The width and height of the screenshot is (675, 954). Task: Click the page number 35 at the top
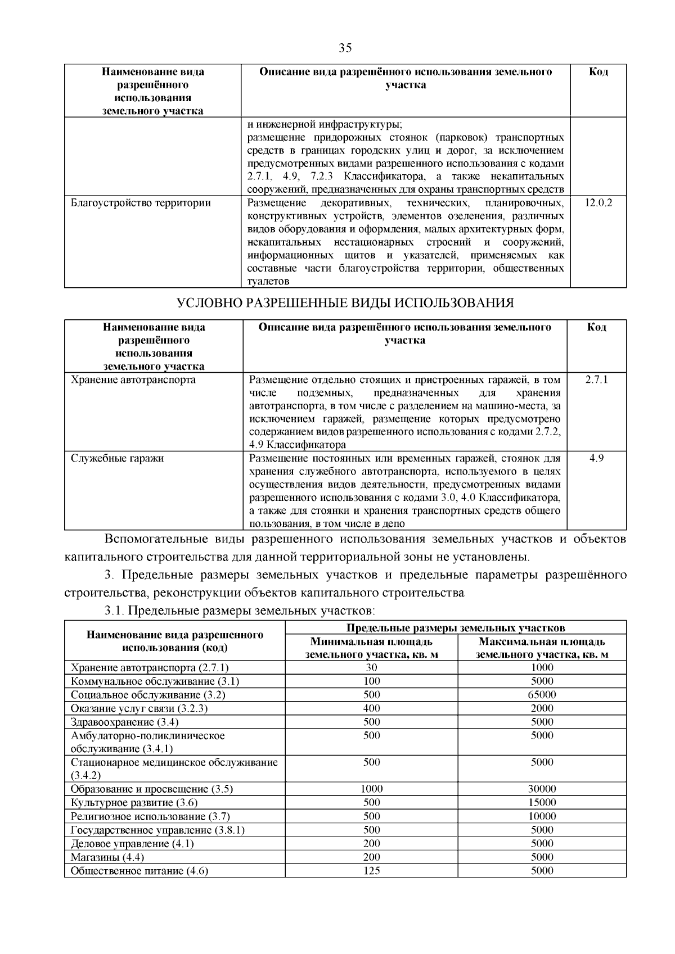[345, 48]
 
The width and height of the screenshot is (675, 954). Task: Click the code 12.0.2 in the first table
[598, 203]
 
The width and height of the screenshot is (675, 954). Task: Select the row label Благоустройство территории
[141, 203]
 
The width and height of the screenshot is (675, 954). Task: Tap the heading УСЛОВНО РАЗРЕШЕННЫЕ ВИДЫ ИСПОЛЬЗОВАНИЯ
[345, 304]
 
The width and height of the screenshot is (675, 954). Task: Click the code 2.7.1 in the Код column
[596, 380]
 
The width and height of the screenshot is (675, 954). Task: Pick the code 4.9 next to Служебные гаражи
[596, 458]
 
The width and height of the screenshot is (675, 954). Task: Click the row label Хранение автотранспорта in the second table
[133, 380]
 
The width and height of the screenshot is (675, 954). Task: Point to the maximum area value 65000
[542, 695]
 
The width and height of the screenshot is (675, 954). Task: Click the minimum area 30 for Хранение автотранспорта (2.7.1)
[371, 668]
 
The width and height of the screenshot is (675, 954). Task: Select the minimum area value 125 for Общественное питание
[371, 871]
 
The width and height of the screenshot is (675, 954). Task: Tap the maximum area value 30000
[542, 789]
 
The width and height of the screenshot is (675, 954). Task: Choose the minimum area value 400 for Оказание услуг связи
[371, 708]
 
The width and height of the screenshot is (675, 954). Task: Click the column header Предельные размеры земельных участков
[456, 628]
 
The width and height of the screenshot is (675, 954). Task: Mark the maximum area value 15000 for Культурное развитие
[542, 803]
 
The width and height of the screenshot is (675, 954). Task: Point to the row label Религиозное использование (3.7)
[150, 816]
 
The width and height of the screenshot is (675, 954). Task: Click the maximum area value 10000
[542, 816]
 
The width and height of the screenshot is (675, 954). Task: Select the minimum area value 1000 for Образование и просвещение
[371, 789]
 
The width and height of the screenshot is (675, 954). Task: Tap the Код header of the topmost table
[598, 72]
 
